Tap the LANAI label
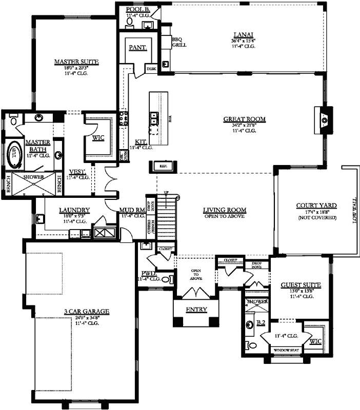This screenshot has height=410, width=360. [244, 34]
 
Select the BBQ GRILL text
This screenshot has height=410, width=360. [179, 42]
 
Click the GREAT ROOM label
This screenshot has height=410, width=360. [244, 119]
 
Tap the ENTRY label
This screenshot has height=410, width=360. [196, 309]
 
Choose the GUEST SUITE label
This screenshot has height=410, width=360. [301, 284]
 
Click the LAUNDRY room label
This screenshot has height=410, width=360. [74, 210]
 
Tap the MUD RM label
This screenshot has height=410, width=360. [132, 210]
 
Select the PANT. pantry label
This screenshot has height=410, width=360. [137, 47]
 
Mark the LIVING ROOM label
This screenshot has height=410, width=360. [225, 210]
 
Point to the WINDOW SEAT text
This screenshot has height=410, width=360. [286, 350]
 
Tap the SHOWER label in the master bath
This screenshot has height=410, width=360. [32, 177]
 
